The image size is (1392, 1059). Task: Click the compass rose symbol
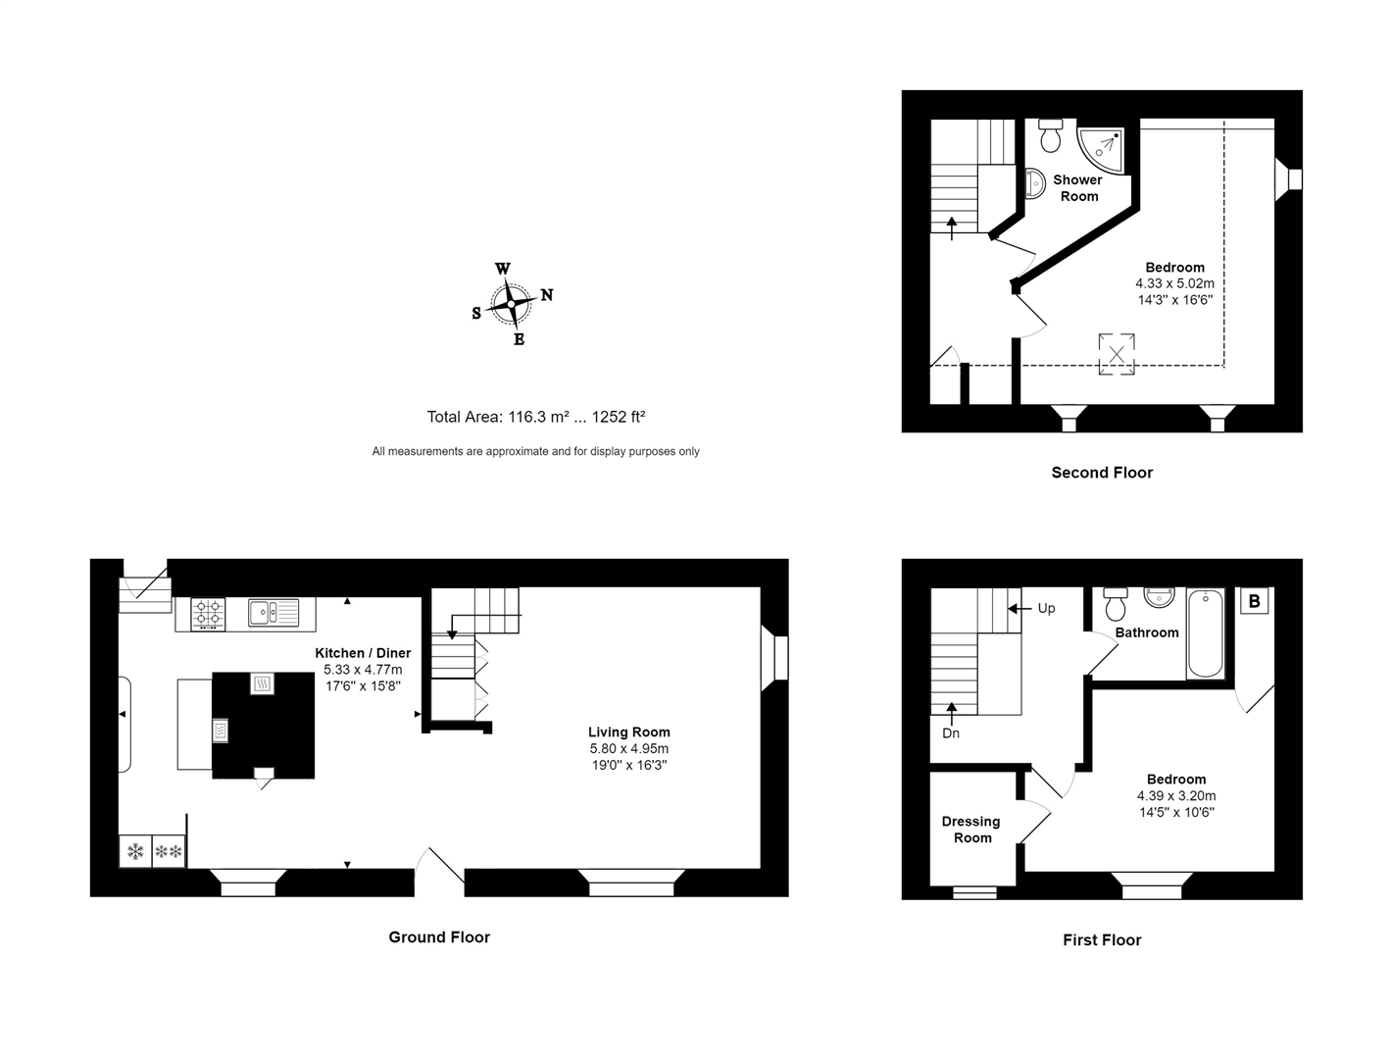(511, 304)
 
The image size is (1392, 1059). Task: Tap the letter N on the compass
(547, 295)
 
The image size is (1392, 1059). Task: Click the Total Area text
(535, 417)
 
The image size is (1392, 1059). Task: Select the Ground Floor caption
(439, 937)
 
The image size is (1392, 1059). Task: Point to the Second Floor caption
(1102, 473)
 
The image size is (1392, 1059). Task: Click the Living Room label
(628, 732)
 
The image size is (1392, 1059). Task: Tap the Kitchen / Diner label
(363, 653)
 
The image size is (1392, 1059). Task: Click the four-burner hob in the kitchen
(208, 613)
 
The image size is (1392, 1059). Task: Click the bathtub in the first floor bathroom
(1205, 633)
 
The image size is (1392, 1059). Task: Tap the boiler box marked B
(1255, 601)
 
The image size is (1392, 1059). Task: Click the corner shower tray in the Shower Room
(1102, 146)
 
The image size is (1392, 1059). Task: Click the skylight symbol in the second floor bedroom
(1116, 354)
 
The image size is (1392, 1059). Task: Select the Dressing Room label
(971, 830)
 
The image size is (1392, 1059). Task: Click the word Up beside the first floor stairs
(1046, 608)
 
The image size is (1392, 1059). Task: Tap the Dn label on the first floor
(951, 733)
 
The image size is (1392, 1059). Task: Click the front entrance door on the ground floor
(439, 869)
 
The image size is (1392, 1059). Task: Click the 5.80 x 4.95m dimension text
(628, 749)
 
